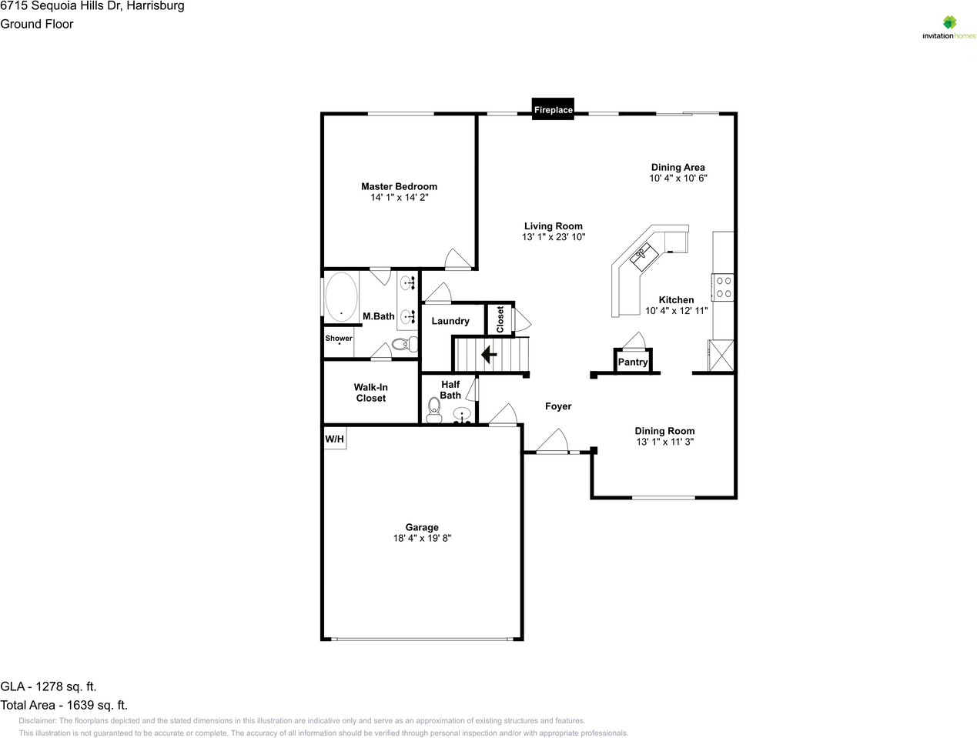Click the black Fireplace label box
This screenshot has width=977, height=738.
[553, 109]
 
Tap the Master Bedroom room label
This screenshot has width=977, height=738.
[399, 186]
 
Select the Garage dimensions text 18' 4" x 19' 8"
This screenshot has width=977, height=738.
[422, 539]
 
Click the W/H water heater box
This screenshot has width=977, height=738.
[334, 439]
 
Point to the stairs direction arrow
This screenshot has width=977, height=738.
[487, 355]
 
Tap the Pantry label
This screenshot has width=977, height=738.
[633, 362]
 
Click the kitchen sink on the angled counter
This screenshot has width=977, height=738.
[642, 255]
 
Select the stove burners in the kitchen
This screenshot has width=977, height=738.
[724, 287]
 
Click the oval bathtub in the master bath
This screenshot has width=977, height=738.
[341, 296]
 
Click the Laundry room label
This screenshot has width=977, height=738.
[450, 321]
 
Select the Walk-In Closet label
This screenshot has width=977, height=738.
[370, 392]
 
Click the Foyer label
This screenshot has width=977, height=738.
[558, 406]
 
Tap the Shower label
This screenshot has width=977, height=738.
[339, 339]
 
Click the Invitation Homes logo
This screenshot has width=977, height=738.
[949, 28]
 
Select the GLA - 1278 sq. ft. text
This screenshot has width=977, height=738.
[49, 686]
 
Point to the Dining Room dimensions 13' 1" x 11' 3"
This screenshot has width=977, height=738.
[664, 442]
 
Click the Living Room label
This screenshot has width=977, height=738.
[553, 226]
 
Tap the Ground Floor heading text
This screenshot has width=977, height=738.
[37, 24]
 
